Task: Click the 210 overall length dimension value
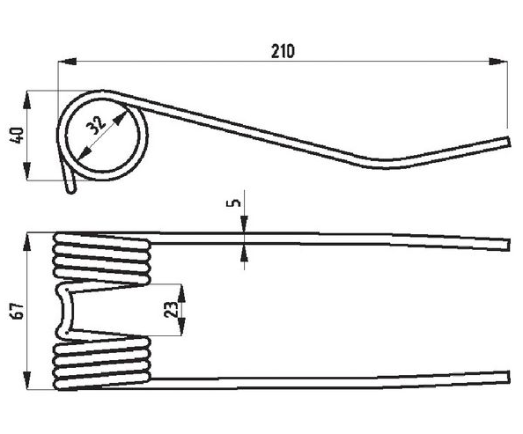click(283, 51)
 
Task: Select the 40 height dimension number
click(18, 136)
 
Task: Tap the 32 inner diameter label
click(96, 125)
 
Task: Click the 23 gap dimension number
click(171, 309)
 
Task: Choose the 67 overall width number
click(18, 311)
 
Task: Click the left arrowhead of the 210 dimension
click(67, 62)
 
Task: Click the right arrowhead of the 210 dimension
click(498, 62)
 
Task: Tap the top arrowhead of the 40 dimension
click(26, 99)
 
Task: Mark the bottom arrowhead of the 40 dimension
click(26, 172)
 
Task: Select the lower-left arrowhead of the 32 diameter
click(85, 154)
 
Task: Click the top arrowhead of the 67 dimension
click(26, 241)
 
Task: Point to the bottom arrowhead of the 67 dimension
click(26, 380)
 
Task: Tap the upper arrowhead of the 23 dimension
click(181, 293)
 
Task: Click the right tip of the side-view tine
click(509, 142)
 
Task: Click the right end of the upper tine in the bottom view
click(509, 245)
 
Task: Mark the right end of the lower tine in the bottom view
click(509, 377)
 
